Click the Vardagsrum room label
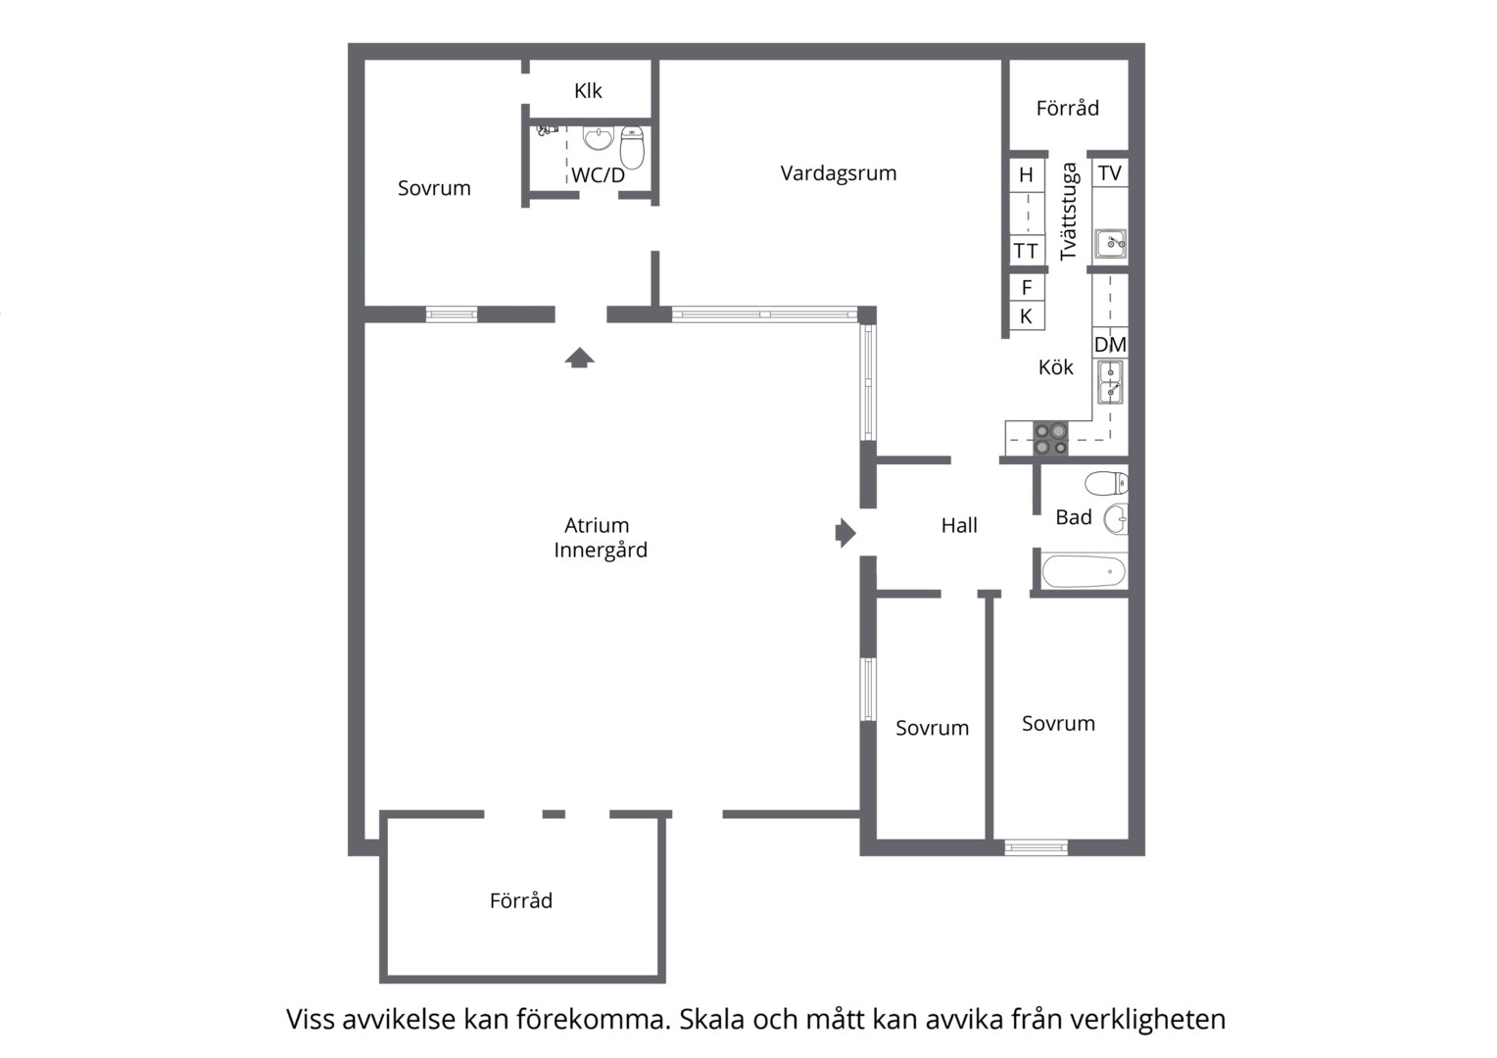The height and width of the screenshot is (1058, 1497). pos(838,173)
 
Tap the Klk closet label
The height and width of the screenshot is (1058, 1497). pos(588,90)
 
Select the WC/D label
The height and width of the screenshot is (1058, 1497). pos(599,175)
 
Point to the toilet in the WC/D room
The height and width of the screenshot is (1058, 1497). pos(632,147)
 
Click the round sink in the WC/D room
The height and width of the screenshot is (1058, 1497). pos(599,139)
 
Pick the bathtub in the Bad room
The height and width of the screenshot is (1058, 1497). pos(1084,571)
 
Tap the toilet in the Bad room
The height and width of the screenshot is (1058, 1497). pos(1106,483)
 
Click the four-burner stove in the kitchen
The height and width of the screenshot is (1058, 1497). pos(1050,439)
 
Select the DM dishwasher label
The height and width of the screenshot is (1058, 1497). pos(1110,344)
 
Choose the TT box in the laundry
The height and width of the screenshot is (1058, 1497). pos(1026,252)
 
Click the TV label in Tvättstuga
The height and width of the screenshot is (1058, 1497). pos(1109,173)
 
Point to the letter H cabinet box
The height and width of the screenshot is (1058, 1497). pos(1027,175)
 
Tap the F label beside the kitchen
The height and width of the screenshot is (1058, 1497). pos(1027,288)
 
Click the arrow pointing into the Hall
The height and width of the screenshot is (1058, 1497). pos(845,533)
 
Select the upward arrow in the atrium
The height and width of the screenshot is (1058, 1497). pos(579,358)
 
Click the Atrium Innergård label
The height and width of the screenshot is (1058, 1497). pos(601,538)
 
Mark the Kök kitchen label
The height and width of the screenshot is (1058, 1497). pos(1056,367)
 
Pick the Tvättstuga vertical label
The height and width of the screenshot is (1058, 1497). pos(1069,212)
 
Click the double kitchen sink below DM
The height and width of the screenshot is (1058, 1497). pos(1111,382)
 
